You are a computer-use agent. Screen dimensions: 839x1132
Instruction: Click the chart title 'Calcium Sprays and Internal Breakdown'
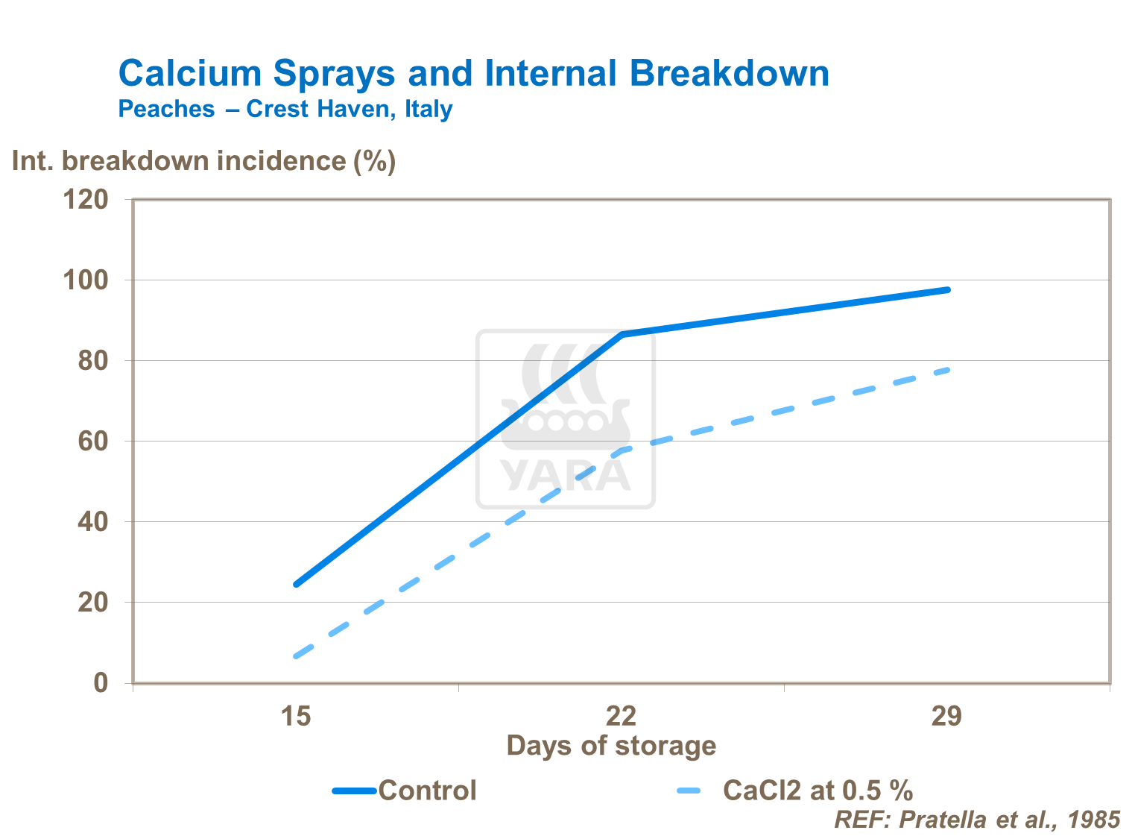pos(473,74)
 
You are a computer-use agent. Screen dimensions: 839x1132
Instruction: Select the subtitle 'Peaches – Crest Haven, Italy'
pos(285,109)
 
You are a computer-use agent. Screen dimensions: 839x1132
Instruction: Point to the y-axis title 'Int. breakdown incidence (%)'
pos(203,161)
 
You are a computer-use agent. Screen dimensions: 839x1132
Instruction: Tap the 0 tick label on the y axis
pos(101,683)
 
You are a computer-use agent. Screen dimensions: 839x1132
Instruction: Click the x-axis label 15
pos(295,717)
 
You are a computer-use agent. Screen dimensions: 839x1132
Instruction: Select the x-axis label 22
pos(621,717)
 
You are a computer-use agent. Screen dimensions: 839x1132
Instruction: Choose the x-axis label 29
pos(946,717)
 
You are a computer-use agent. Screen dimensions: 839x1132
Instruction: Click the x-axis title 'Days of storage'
pos(611,746)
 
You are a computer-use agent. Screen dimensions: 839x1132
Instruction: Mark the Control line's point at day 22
pos(622,334)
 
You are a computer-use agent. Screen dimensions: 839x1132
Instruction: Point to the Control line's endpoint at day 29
pos(947,289)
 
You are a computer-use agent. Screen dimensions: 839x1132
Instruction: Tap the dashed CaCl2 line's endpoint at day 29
pos(947,369)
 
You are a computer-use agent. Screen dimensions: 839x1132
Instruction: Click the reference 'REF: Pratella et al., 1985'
pos(977,820)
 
